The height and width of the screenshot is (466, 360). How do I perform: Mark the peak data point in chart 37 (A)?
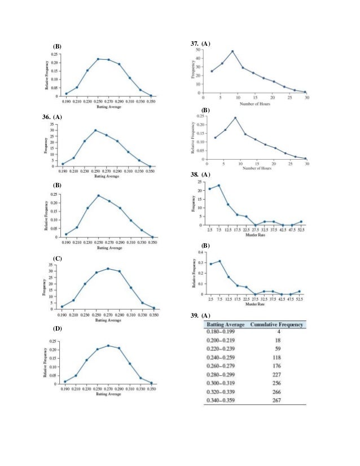(x=232, y=51)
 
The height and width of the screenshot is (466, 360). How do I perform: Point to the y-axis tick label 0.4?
(x=200, y=252)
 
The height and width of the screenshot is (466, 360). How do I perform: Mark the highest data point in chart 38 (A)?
(x=218, y=186)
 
